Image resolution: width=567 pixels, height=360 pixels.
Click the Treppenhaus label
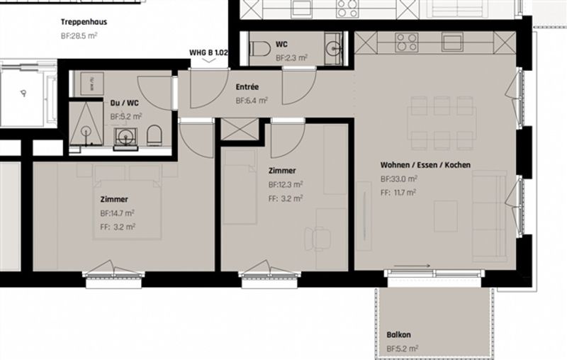point(84,22)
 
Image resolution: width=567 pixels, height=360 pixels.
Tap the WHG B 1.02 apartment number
point(208,52)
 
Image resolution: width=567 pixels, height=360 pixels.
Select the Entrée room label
point(247,87)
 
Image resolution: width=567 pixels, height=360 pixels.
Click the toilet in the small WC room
point(260,48)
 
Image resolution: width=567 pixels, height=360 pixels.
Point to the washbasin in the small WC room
point(333,48)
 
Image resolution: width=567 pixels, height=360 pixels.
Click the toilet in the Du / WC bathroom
point(155,135)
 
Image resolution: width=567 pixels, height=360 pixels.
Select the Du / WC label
point(125,103)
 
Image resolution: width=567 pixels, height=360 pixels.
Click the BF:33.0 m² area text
point(399,179)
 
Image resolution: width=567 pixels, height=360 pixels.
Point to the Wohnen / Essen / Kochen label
point(426,165)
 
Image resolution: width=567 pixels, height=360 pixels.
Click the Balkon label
point(399,334)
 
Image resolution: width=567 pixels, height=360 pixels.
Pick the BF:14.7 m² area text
point(118,213)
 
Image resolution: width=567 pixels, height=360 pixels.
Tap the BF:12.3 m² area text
point(286,185)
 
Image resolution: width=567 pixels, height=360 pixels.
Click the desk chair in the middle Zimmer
point(317,239)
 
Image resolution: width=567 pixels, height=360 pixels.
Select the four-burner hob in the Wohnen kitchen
point(407,43)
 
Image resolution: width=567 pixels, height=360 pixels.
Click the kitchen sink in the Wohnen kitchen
point(452,42)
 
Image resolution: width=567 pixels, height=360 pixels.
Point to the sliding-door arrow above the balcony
point(412,266)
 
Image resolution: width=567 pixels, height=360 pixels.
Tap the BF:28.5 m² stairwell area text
point(79,36)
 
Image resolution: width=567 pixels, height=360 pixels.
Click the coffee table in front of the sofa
point(446,216)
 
